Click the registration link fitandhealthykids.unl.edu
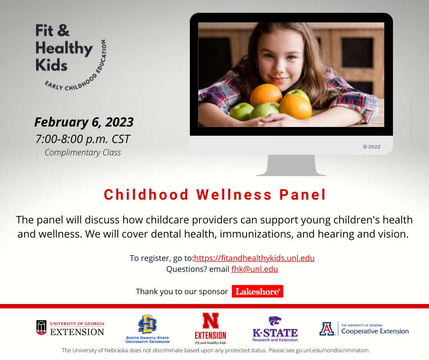tap(254, 258)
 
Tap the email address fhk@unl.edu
tap(255, 269)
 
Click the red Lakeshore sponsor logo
tap(257, 291)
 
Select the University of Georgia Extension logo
tap(70, 328)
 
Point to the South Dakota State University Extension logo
tap(147, 329)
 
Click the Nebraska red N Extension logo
tap(210, 328)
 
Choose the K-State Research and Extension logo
tap(275, 329)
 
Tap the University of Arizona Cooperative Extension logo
tap(364, 329)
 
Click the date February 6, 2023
tap(84, 122)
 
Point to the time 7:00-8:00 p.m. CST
tap(83, 139)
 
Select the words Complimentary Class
tap(83, 153)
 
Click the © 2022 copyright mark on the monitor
tap(371, 147)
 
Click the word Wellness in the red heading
tap(234, 195)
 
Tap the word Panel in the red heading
tap(303, 195)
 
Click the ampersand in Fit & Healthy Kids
tap(63, 31)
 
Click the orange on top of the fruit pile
tap(266, 95)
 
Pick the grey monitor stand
tap(291, 165)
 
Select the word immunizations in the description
tap(256, 234)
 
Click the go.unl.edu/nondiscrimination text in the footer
tap(332, 350)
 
